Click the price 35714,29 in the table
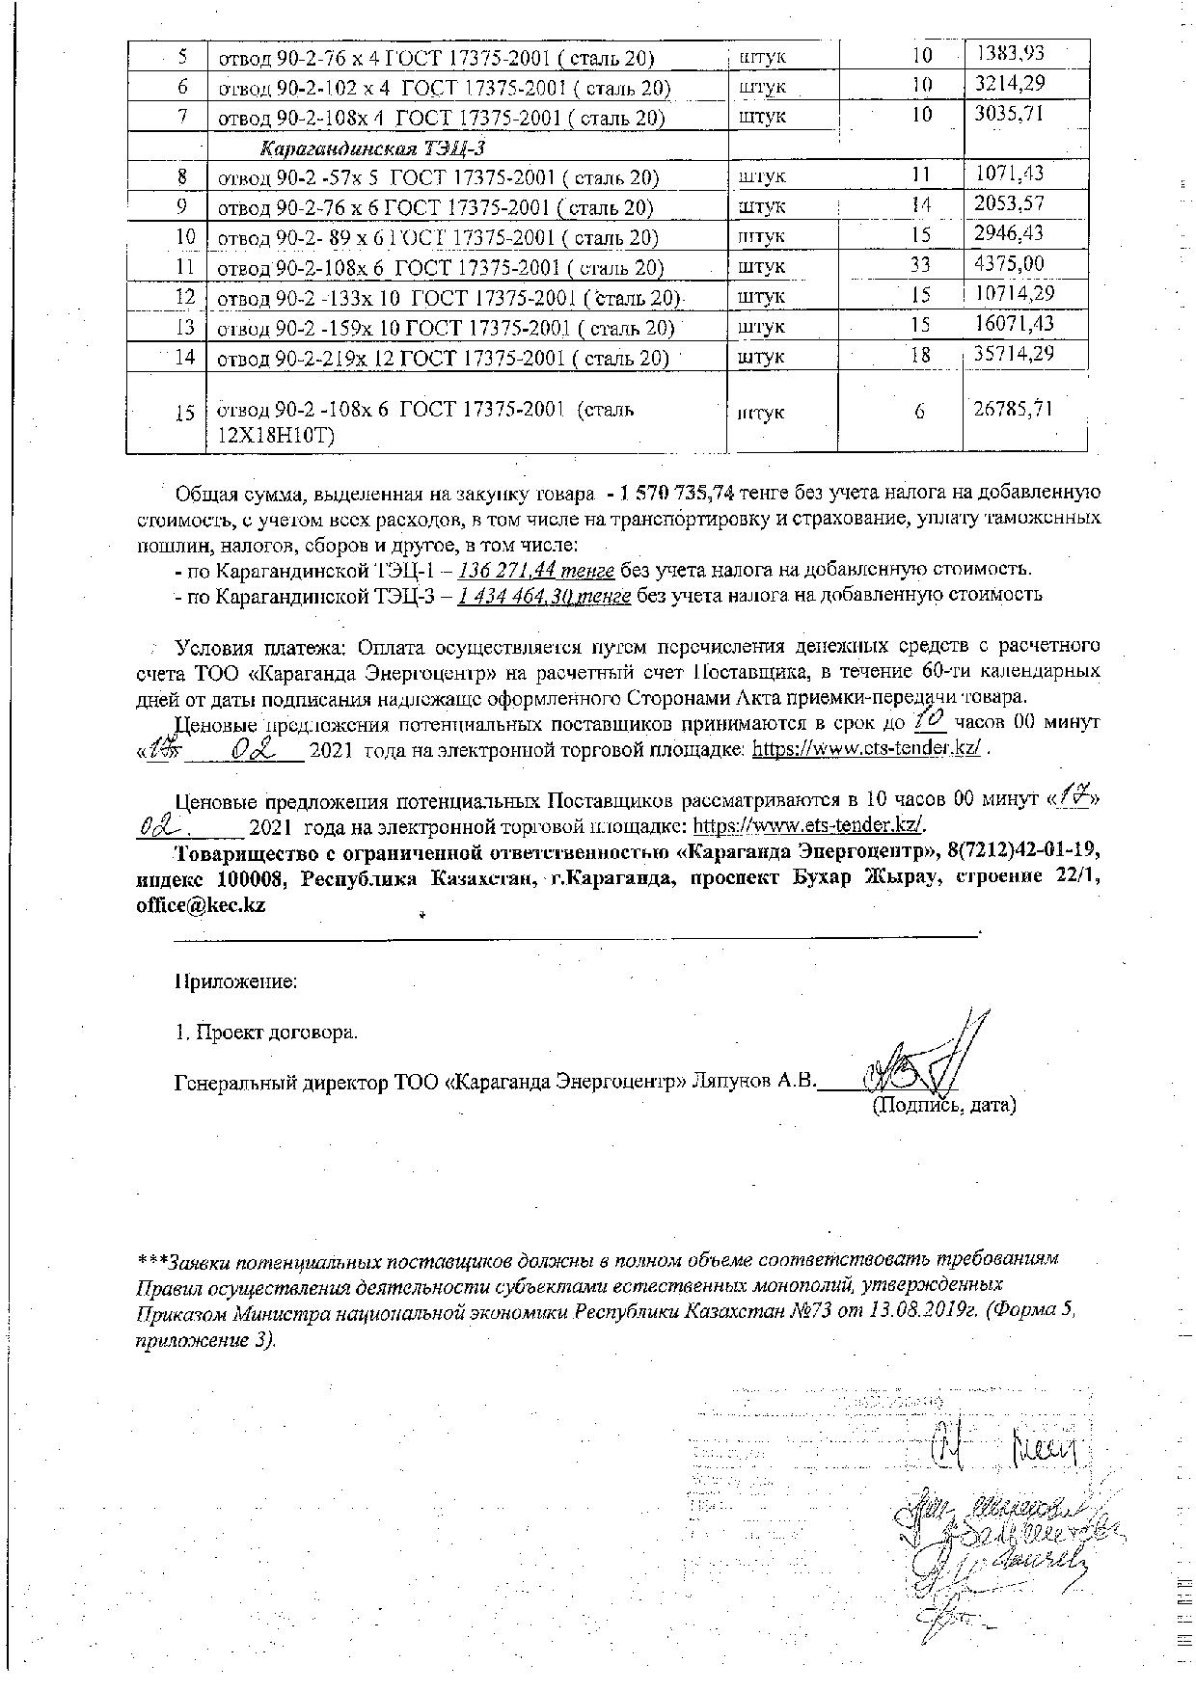(1013, 354)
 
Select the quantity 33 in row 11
(921, 265)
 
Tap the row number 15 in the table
(186, 413)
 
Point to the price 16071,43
(1014, 324)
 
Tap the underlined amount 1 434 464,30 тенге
(545, 595)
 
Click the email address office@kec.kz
(201, 906)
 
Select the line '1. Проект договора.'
(266, 1033)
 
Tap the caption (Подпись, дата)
(943, 1105)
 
